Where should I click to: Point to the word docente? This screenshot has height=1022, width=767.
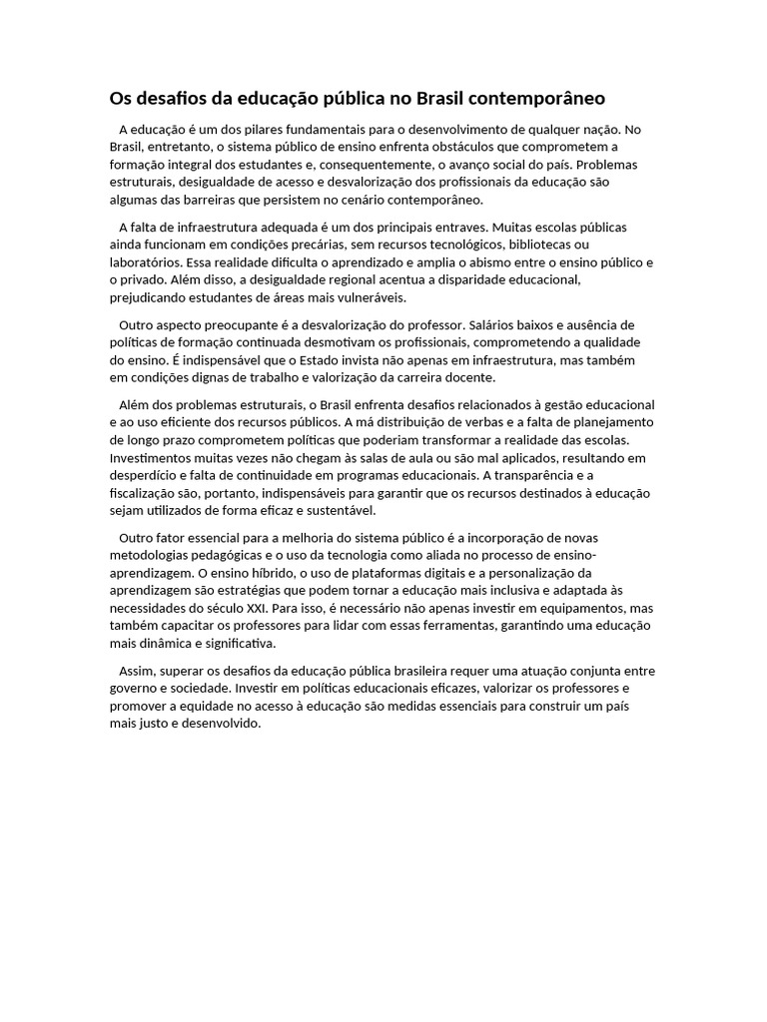click(x=458, y=378)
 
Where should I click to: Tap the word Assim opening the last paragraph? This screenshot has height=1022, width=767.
click(x=136, y=671)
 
